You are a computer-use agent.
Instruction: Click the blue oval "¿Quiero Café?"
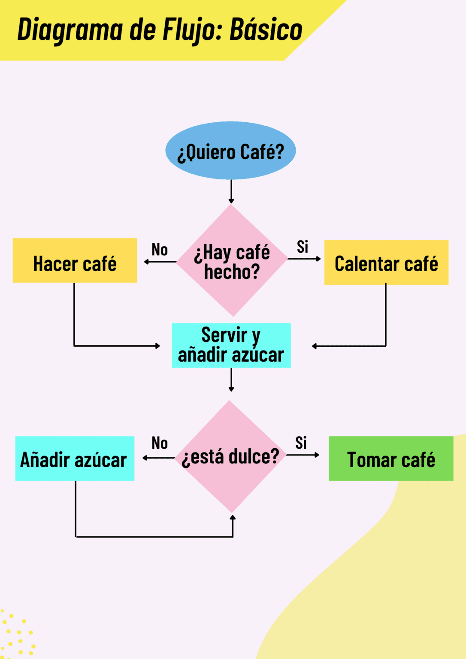click(231, 150)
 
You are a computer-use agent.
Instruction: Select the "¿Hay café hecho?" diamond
click(232, 260)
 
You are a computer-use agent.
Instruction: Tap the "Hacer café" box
click(75, 260)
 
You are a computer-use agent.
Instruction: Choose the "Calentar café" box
click(386, 263)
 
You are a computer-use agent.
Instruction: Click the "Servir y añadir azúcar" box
click(231, 345)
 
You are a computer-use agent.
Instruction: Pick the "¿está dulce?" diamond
click(230, 456)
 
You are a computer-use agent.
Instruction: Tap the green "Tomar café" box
click(391, 458)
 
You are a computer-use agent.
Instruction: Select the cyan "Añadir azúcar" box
click(75, 458)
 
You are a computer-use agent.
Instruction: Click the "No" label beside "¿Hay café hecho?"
click(160, 249)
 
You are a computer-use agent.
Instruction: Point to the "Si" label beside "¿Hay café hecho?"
click(303, 247)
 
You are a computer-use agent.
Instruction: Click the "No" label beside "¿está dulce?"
click(160, 443)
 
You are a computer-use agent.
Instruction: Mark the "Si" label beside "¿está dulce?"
click(301, 443)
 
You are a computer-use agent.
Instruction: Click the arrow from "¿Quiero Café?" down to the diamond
click(231, 191)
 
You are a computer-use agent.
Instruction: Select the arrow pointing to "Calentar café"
click(304, 259)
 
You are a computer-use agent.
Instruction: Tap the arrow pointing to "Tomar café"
click(303, 455)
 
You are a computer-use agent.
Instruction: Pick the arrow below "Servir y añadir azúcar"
click(231, 380)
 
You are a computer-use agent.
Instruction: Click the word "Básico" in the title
click(266, 30)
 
